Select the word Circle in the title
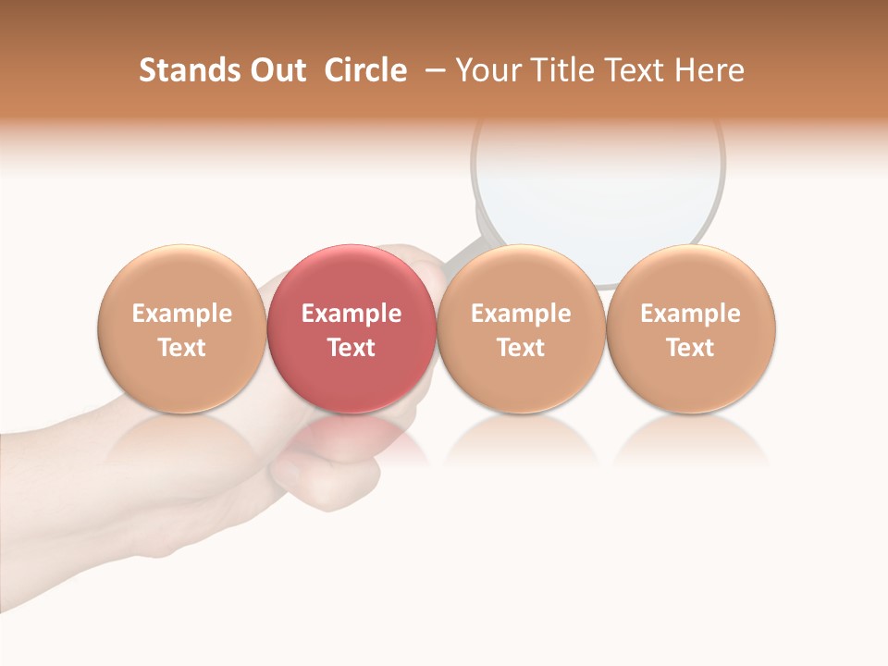pyautogui.click(x=365, y=70)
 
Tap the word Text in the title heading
pyautogui.click(x=629, y=70)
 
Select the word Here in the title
pyautogui.click(x=709, y=70)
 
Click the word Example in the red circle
pyautogui.click(x=351, y=314)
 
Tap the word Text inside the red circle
pyautogui.click(x=351, y=348)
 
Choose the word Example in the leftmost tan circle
pyautogui.click(x=182, y=314)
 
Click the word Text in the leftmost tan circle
pyautogui.click(x=182, y=348)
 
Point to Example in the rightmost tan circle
pyautogui.click(x=691, y=314)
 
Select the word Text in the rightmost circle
pyautogui.click(x=691, y=348)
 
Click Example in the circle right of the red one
pyautogui.click(x=521, y=314)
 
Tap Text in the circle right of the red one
pyautogui.click(x=521, y=348)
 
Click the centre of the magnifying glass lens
pyautogui.click(x=598, y=185)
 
